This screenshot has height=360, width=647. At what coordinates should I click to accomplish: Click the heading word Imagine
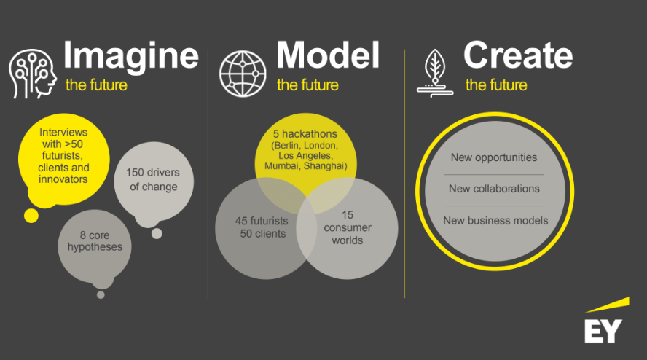(x=131, y=56)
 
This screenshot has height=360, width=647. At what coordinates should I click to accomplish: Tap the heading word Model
(x=328, y=56)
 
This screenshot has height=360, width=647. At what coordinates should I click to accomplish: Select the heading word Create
(x=517, y=56)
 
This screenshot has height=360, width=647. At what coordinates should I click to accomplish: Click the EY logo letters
(x=603, y=329)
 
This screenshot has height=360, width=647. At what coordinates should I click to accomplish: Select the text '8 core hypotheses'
(x=95, y=240)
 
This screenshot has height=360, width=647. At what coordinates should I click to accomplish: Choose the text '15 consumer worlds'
(x=347, y=227)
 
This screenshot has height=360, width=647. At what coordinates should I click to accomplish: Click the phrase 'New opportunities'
(x=493, y=157)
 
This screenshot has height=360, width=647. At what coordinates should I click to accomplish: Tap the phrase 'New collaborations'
(x=494, y=189)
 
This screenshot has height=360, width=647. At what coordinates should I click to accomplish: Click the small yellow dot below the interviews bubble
(x=31, y=216)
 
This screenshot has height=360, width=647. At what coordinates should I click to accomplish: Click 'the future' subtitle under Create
(x=496, y=85)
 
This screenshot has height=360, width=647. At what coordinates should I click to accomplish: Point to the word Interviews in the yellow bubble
(x=63, y=133)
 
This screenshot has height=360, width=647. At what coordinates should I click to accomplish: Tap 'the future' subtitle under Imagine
(x=96, y=85)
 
